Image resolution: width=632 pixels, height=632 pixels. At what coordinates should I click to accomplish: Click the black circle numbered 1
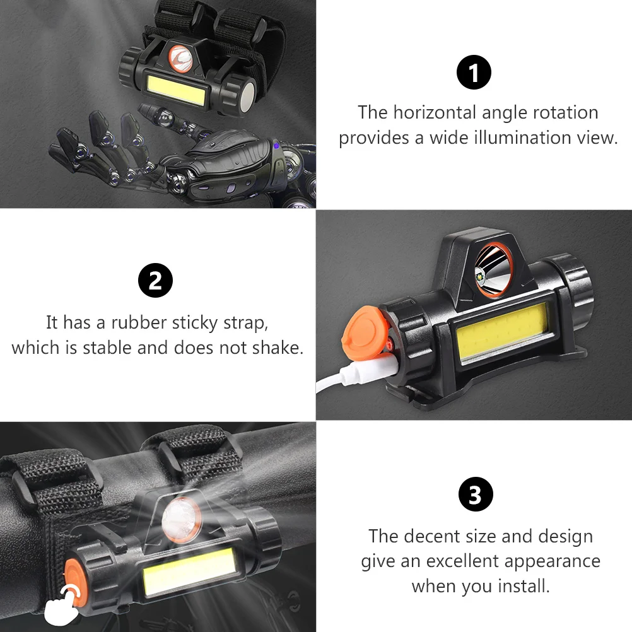(474, 73)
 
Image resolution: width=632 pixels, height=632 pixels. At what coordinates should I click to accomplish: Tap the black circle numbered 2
(155, 281)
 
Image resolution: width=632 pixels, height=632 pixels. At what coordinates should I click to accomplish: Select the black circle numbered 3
(475, 495)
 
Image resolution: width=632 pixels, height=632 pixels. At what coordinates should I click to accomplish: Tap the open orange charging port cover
(363, 328)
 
